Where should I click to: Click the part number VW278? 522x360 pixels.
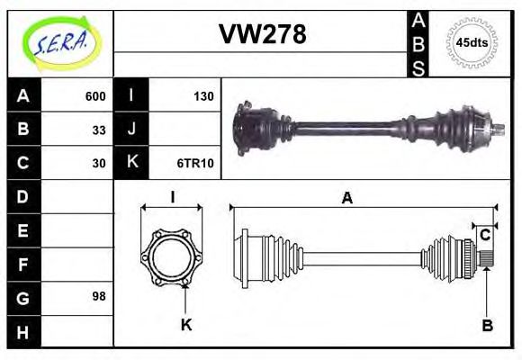pos(262,34)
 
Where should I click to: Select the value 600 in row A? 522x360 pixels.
pos(95,95)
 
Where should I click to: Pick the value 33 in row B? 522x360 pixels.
pos(99,129)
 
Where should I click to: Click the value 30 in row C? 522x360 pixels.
pos(99,163)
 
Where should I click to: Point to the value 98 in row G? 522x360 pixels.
pos(99,296)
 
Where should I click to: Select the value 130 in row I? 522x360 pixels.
pos(202,95)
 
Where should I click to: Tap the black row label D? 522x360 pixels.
pos(23,196)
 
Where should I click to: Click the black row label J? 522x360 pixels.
pos(131,129)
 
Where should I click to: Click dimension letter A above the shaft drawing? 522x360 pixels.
pos(346,199)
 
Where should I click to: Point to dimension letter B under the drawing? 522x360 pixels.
pos(487,325)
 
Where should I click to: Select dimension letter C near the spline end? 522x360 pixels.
pos(485,236)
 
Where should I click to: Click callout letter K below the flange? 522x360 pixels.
pos(186,325)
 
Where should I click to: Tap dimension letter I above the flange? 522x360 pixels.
pos(171,198)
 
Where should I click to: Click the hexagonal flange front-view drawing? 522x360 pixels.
pos(171,256)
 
